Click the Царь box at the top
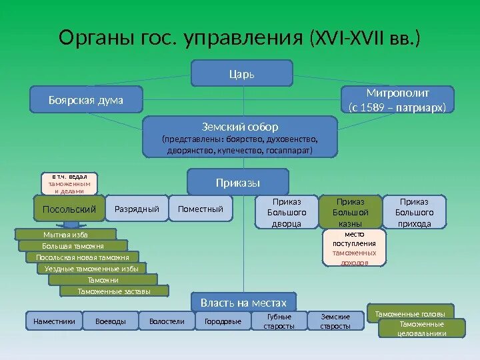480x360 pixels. [x=242, y=73]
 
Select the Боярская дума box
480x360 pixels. [x=86, y=99]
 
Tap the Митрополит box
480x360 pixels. [x=397, y=99]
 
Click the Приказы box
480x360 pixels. [x=238, y=182]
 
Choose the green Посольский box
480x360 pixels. [x=69, y=209]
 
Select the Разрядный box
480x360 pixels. [x=137, y=209]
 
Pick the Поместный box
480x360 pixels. [x=201, y=209]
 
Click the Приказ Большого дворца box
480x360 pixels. [x=287, y=212]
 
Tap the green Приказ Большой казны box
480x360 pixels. [x=350, y=212]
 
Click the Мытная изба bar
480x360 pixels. [x=65, y=235]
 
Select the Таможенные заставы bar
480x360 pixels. [x=114, y=291]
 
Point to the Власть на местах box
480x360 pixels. [x=243, y=302]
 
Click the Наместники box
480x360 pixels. [x=54, y=321]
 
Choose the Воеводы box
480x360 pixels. [x=111, y=321]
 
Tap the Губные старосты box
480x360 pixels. [x=279, y=321]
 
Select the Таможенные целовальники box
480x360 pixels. [x=422, y=328]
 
